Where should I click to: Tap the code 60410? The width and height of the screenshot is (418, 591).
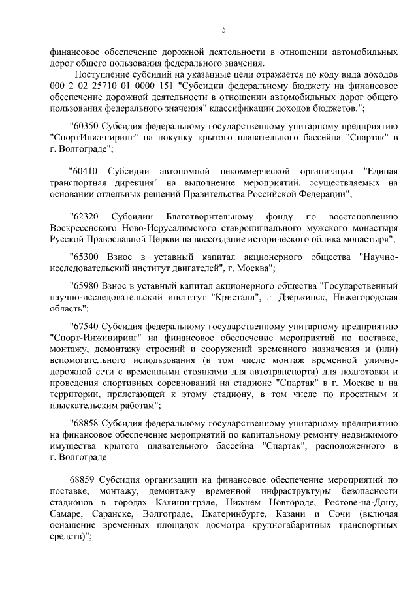[86, 171]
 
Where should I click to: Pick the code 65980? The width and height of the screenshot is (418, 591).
[86, 286]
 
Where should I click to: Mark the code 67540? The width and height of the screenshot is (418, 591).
[86, 326]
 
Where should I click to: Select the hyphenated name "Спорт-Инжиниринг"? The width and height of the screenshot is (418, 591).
[93, 338]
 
